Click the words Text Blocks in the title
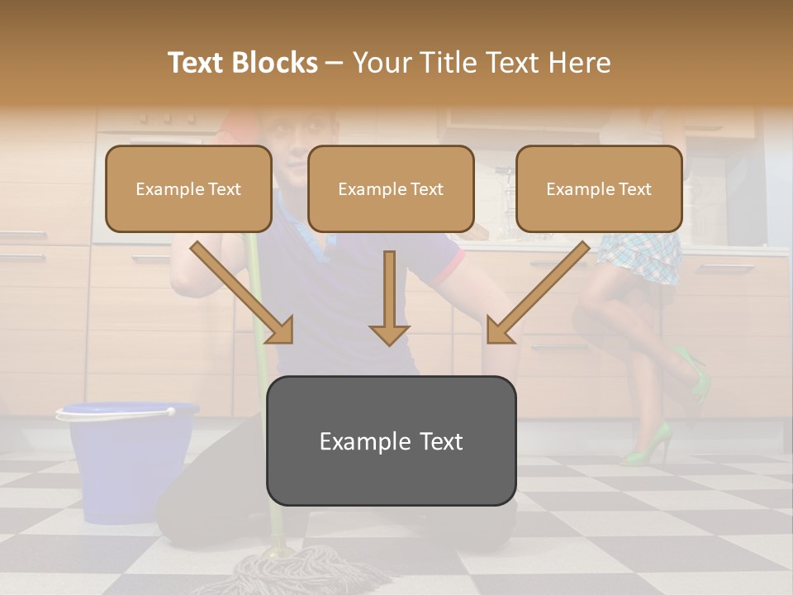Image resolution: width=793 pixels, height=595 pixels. click(x=243, y=63)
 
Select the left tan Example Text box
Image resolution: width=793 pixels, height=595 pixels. click(x=188, y=189)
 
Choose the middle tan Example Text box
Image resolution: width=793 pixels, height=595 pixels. click(x=391, y=189)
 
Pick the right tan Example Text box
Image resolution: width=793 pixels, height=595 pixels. click(x=599, y=189)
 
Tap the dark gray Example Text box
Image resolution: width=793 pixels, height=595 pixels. click(x=391, y=441)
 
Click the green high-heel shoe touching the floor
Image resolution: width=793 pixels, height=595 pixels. click(x=648, y=446)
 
